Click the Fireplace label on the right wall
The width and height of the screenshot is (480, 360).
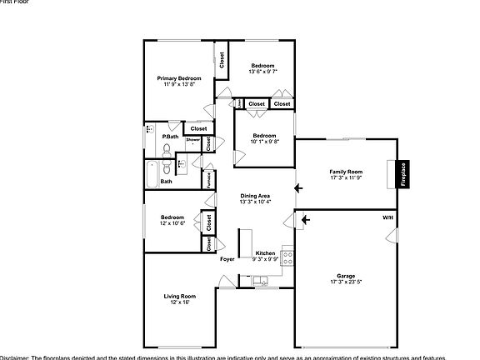click(401, 177)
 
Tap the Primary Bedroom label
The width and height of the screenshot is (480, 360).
click(179, 77)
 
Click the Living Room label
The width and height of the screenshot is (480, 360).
click(179, 296)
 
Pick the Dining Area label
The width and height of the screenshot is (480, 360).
click(255, 195)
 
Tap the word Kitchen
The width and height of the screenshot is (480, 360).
click(265, 253)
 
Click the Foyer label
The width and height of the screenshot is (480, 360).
click(227, 259)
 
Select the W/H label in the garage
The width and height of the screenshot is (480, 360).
click(387, 217)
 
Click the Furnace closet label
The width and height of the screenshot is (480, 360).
click(208, 178)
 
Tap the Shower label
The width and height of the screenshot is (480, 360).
click(192, 140)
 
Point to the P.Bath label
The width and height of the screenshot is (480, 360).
click(170, 136)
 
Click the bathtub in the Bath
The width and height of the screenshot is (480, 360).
click(151, 176)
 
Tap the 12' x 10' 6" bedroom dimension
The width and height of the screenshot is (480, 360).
click(172, 222)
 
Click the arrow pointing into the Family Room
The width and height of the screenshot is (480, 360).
click(298, 188)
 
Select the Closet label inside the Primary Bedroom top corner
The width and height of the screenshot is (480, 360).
click(222, 61)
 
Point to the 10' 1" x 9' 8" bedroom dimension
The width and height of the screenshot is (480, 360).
click(264, 142)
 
